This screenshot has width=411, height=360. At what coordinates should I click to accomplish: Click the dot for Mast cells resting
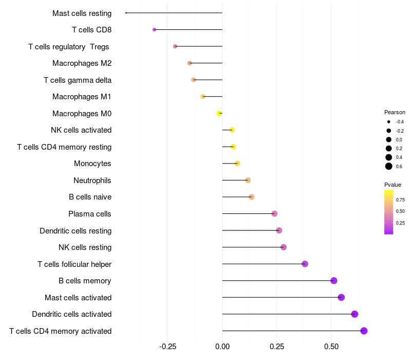pyautogui.click(x=126, y=13)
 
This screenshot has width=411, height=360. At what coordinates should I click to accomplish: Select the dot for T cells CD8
pyautogui.click(x=154, y=30)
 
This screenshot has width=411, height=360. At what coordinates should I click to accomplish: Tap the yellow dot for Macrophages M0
pyautogui.click(x=219, y=113)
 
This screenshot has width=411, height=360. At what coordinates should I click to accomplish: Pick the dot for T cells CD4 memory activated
pyautogui.click(x=364, y=331)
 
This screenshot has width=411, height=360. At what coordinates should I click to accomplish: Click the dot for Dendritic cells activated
pyautogui.click(x=354, y=314)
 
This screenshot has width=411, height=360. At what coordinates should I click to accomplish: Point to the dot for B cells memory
pyautogui.click(x=334, y=280)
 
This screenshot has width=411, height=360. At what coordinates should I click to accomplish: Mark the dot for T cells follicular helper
pyautogui.click(x=305, y=264)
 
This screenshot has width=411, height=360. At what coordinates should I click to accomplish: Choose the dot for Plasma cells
pyautogui.click(x=274, y=213)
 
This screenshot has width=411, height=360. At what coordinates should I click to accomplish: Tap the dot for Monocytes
pyautogui.click(x=237, y=164)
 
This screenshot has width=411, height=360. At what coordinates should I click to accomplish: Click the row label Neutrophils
pyautogui.click(x=92, y=181)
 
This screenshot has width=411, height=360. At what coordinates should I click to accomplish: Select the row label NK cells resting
pyautogui.click(x=85, y=247)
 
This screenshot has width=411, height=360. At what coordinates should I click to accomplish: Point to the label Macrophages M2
pyautogui.click(x=82, y=63)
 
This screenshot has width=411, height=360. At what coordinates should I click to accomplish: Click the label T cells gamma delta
pyautogui.click(x=78, y=80)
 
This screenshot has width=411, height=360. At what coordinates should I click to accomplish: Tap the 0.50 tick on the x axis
pyautogui.click(x=331, y=347)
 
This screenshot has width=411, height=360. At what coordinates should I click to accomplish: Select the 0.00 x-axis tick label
pyautogui.click(x=222, y=347)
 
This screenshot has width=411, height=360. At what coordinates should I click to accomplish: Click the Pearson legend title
pyautogui.click(x=395, y=112)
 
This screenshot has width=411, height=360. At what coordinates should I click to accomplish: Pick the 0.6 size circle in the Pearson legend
pyautogui.click(x=389, y=166)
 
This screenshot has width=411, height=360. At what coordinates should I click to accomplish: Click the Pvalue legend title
pyautogui.click(x=393, y=185)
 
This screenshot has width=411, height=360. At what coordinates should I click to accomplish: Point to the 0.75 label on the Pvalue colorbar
pyautogui.click(x=400, y=200)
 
